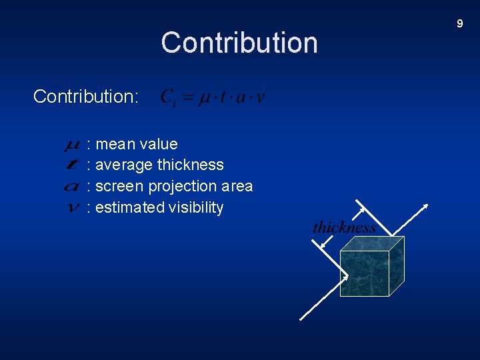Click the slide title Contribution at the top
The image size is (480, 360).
(239, 43)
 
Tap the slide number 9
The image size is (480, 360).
(459, 24)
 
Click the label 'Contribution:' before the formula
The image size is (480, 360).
(85, 97)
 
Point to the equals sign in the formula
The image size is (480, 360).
(188, 98)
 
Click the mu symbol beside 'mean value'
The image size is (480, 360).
(73, 145)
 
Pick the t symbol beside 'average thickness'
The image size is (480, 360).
(73, 165)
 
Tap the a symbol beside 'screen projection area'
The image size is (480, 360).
(73, 187)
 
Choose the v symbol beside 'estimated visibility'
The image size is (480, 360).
(73, 207)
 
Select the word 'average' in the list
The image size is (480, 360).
(124, 165)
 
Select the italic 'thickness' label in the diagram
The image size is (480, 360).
(344, 227)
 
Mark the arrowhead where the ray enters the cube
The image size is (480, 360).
(345, 275)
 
